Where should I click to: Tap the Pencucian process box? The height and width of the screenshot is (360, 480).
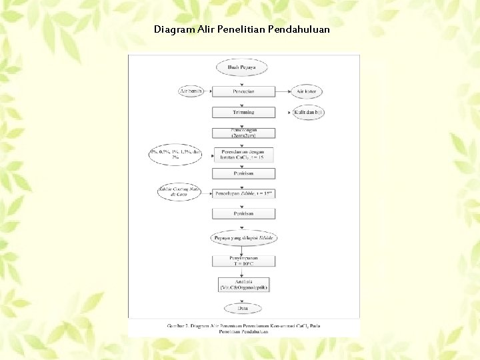(243, 91)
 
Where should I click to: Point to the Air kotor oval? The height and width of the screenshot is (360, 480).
(307, 91)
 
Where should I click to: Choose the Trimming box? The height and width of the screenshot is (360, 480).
(243, 112)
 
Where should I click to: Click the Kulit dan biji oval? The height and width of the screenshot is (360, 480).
(308, 112)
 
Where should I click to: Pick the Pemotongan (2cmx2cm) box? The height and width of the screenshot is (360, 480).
(243, 133)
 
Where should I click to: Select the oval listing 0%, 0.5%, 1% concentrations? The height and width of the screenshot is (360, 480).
(175, 155)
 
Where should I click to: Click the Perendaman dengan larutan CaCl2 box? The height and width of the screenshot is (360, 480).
(243, 155)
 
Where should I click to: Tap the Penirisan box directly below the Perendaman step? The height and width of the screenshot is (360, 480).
(243, 173)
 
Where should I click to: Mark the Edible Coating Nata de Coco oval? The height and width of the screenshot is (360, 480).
(178, 193)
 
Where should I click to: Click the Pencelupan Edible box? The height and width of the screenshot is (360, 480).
(243, 193)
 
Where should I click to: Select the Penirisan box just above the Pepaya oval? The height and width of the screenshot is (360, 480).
(243, 214)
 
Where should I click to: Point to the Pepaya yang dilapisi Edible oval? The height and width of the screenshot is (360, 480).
(243, 237)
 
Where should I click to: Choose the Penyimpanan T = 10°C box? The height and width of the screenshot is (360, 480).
(243, 261)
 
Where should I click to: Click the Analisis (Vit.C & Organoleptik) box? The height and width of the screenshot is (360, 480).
(243, 284)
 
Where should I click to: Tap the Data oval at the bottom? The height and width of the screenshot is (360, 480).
(243, 308)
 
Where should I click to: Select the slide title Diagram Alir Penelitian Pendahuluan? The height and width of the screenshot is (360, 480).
(241, 30)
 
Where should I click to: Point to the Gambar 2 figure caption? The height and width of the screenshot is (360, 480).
(243, 327)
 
